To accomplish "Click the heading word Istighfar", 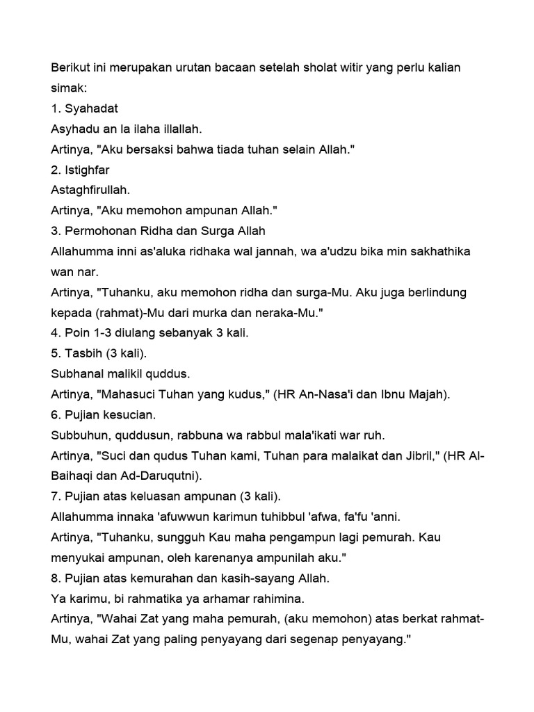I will pyautogui.click(x=88, y=169).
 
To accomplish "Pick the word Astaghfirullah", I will pyautogui.click(x=91, y=189).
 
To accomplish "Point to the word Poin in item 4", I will pyautogui.click(x=76, y=332).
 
